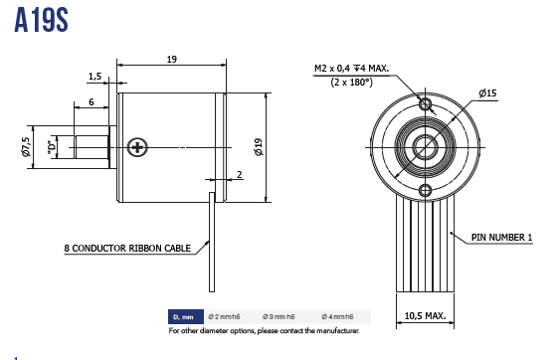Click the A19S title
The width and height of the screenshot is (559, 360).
point(41,20)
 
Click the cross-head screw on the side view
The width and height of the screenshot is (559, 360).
point(137,147)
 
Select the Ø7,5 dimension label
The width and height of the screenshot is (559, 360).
point(25,147)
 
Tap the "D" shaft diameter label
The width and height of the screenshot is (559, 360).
point(53,147)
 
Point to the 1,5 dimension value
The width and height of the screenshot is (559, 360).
point(94,77)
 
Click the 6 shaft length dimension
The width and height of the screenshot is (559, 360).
point(92,102)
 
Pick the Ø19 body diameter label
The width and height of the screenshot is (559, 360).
point(259,147)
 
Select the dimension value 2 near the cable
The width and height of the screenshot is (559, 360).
point(239,174)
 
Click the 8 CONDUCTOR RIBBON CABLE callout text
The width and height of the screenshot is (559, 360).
point(127,248)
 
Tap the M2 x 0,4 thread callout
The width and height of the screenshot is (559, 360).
point(351,68)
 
